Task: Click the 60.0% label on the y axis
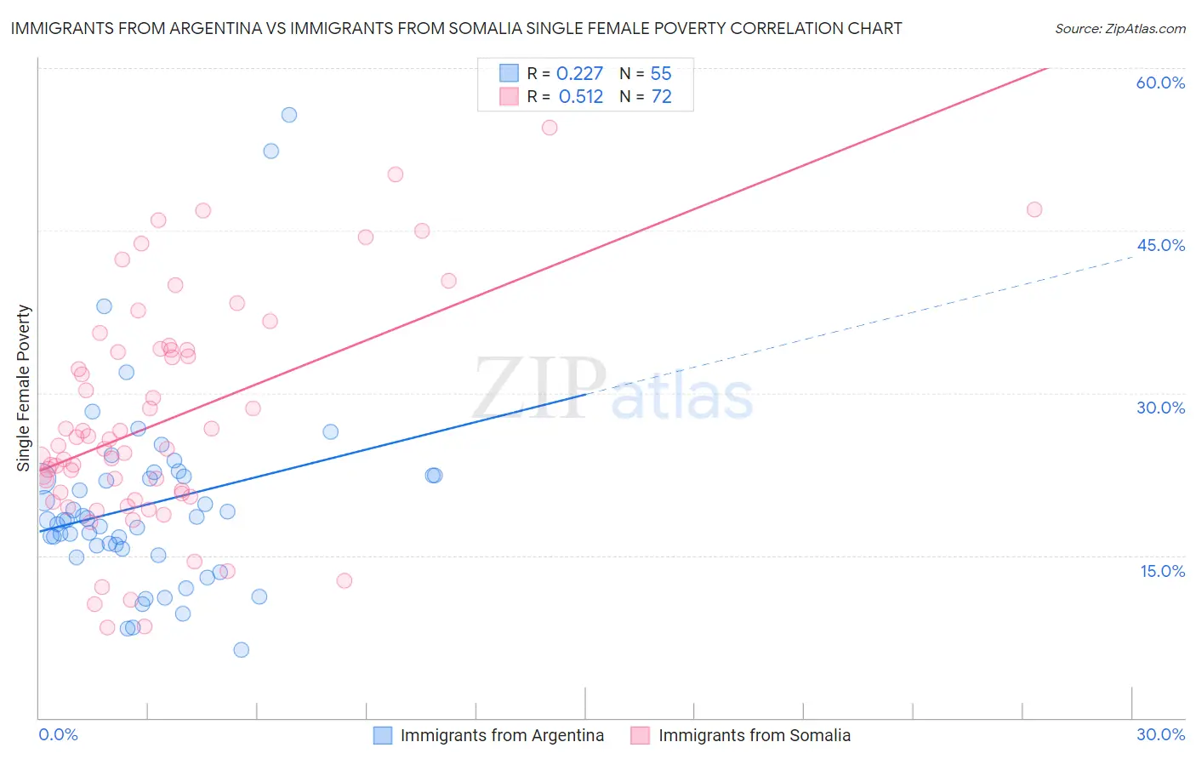(1160, 83)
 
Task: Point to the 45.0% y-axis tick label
(1160, 245)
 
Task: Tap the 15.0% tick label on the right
(1162, 571)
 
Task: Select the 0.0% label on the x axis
(58, 734)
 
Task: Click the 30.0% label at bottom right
(1160, 734)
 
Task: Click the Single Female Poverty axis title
(24, 388)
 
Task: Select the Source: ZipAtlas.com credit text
(1119, 28)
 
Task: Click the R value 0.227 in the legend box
(579, 74)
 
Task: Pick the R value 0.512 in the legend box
(580, 97)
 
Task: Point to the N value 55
(661, 74)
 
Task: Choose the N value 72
(661, 97)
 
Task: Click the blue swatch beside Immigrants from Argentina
(383, 735)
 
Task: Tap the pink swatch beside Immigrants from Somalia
(640, 735)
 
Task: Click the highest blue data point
(289, 115)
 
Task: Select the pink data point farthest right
(1034, 209)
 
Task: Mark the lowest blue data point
(242, 650)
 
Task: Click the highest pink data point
(550, 128)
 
